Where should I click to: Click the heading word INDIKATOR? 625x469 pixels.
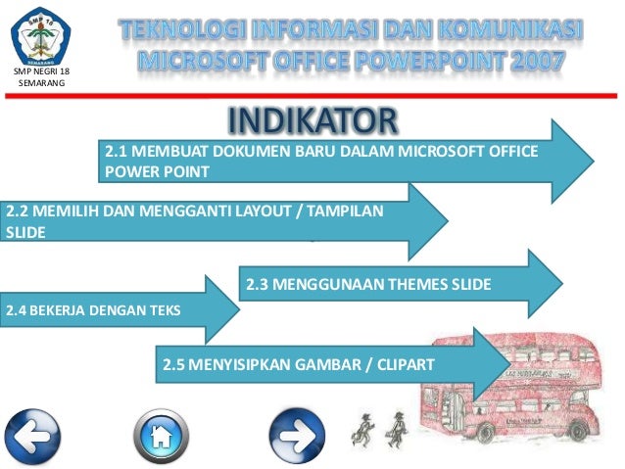(x=312, y=120)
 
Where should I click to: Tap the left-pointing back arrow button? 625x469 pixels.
(x=33, y=433)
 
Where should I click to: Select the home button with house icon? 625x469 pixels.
(x=162, y=433)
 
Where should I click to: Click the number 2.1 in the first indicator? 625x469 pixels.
(x=118, y=152)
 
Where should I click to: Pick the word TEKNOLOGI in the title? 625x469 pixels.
(x=192, y=29)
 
